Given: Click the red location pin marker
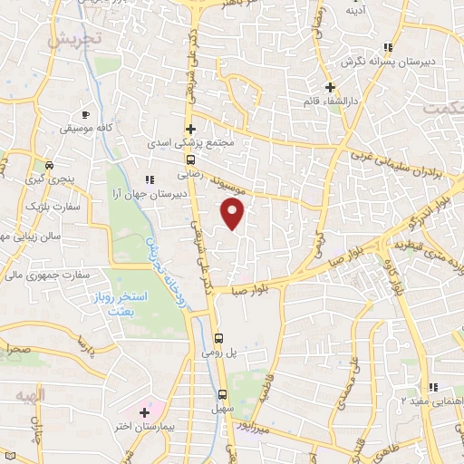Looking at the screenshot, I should tap(234, 214).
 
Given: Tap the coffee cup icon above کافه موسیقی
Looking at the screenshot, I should tap(86, 115).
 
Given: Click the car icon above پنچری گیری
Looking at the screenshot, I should tap(49, 166).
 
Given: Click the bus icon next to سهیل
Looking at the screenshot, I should tap(223, 394).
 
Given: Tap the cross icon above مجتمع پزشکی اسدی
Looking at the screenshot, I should tap(190, 129).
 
